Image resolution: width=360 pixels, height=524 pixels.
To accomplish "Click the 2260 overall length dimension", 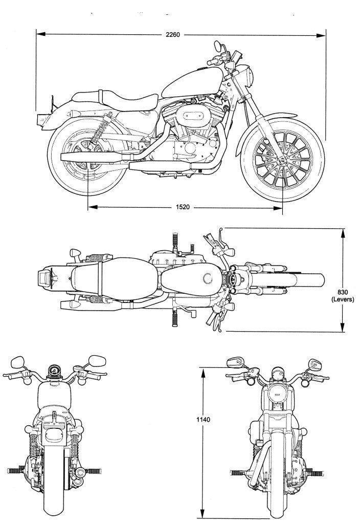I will pyautogui.click(x=172, y=35).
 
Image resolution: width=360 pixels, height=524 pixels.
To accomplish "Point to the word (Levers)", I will pyautogui.click(x=343, y=299).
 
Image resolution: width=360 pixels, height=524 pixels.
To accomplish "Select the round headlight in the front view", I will pyautogui.click(x=278, y=393).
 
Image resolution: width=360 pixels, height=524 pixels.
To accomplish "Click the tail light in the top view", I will pyautogui.click(x=43, y=278).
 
